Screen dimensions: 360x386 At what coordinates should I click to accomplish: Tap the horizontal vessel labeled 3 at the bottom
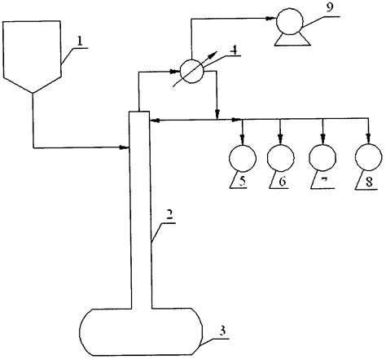coord(139,329)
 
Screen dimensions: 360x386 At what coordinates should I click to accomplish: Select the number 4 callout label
coord(233,49)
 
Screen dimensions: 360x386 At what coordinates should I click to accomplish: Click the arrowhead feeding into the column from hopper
coord(126,147)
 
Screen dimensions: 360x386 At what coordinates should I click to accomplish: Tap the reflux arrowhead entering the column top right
coord(154,121)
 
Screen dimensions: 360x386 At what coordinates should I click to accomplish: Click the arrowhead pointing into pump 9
coord(271,18)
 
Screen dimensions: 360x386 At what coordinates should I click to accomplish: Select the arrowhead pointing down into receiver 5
coord(242,136)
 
